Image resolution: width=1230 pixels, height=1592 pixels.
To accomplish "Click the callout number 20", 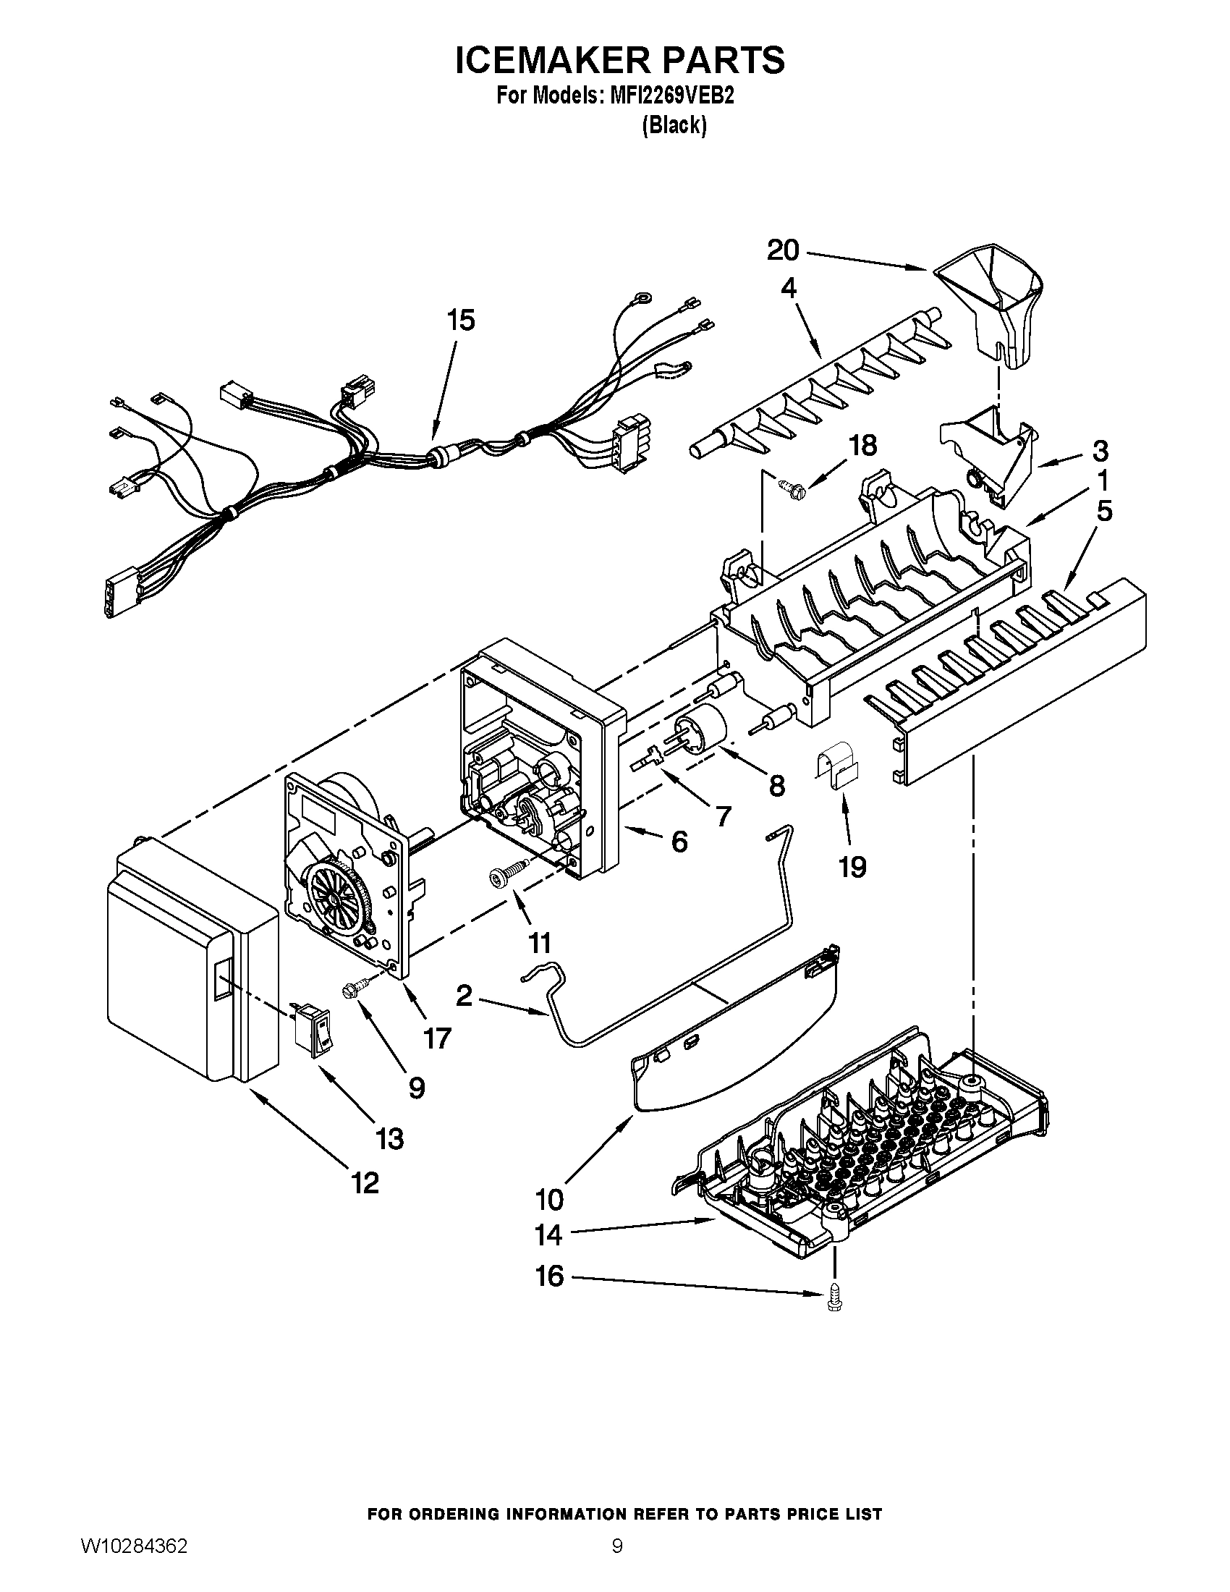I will pos(784,251).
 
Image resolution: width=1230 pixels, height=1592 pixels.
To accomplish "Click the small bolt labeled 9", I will pos(355,989).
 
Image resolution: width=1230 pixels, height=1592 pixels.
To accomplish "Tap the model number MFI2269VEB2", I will pos(667,96).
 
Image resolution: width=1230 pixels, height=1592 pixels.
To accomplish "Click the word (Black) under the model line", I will pos(674,126).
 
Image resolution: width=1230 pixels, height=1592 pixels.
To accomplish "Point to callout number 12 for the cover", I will pos(365,1183).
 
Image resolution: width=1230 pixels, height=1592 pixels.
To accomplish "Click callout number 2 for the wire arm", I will pos(465,995).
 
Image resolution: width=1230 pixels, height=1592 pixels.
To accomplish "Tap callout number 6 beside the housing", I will pos(679,842).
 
